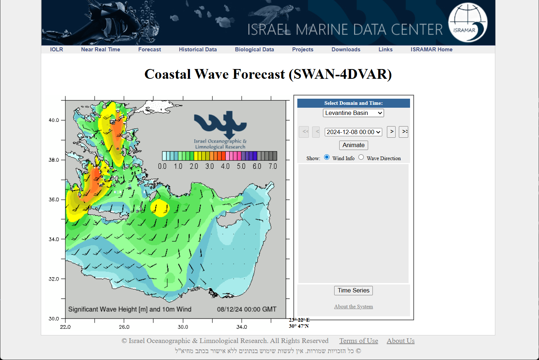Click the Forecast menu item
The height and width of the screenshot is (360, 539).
(150, 50)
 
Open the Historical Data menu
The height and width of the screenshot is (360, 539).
(198, 50)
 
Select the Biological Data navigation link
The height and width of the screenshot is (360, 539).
(254, 50)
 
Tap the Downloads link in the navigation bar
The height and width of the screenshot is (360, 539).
(346, 50)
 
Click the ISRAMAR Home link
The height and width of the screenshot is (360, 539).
(431, 50)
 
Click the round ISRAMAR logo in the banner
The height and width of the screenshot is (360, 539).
(468, 22)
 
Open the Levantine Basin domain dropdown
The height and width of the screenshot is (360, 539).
(353, 113)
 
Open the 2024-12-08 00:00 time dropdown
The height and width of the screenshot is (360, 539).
(353, 132)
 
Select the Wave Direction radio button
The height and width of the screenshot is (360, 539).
(361, 157)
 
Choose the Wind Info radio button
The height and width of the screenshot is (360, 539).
(327, 157)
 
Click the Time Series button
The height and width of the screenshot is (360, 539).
(353, 291)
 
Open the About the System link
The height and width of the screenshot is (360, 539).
(353, 307)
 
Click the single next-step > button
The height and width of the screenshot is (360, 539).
(391, 132)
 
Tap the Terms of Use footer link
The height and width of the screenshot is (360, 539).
(359, 341)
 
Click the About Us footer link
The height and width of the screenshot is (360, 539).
(401, 341)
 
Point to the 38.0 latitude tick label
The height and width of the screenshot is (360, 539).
(54, 160)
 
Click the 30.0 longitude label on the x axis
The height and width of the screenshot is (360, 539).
(183, 327)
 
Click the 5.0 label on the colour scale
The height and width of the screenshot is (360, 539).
(241, 166)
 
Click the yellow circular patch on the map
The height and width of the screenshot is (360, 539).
(160, 208)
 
